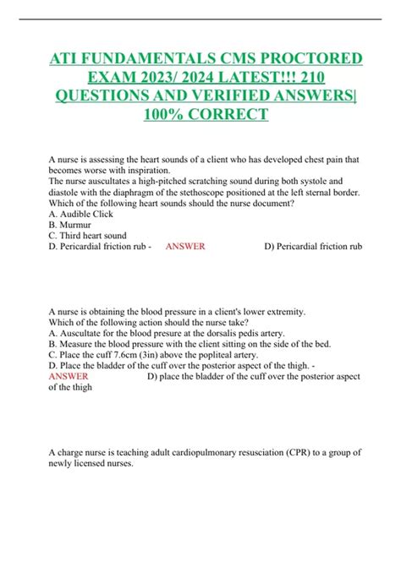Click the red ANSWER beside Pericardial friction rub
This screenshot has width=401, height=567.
(x=184, y=247)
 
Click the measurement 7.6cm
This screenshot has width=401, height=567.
(x=131, y=357)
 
